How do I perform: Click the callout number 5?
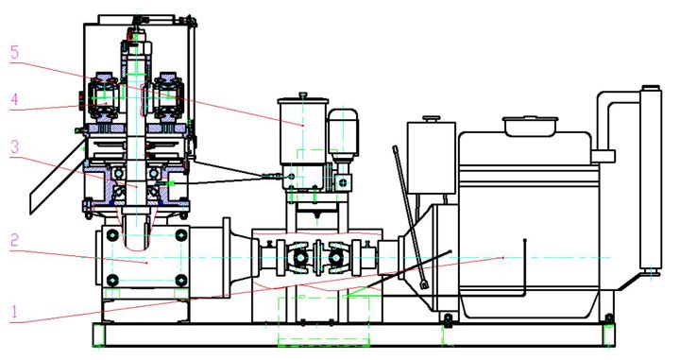(15, 53)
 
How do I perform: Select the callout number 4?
(15, 100)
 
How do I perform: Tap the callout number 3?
(15, 146)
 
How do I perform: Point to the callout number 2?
(15, 240)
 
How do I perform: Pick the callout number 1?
(14, 312)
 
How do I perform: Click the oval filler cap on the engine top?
(530, 126)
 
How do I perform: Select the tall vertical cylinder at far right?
(651, 180)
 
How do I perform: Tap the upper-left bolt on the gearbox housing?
(112, 235)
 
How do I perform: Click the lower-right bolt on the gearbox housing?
(180, 281)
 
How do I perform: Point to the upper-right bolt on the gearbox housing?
(180, 235)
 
